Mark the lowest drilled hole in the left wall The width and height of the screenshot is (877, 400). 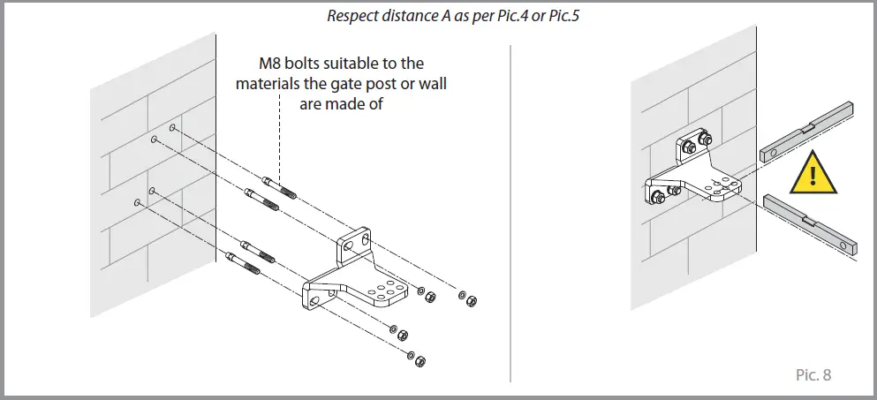tap(137, 202)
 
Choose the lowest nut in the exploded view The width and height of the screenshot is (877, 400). tap(420, 361)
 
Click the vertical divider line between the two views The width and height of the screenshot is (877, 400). tap(511, 203)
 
